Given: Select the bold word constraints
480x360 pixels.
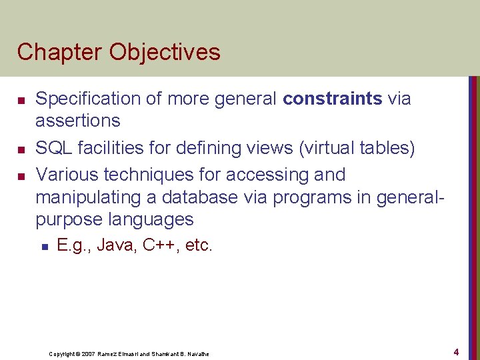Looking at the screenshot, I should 332,99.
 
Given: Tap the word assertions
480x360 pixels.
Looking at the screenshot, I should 78,121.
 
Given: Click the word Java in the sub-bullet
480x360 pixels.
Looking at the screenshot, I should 113,245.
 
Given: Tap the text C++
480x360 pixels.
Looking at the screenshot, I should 156,245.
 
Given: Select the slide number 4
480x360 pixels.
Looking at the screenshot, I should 456,351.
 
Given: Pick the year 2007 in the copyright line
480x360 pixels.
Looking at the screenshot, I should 87,354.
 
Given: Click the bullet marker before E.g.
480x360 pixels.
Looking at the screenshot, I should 43,246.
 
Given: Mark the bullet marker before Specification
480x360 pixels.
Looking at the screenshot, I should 21,100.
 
